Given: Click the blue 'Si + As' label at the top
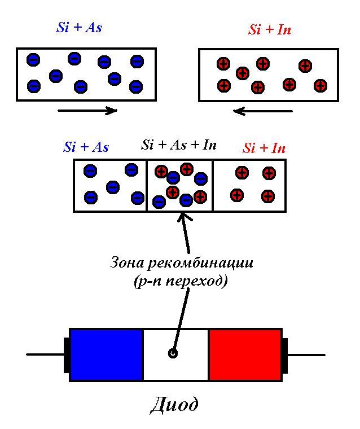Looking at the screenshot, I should tap(79, 28).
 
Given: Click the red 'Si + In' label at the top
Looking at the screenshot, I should tap(270, 30).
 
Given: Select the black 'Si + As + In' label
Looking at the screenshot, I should tap(179, 145).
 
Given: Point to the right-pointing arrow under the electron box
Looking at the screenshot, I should tap(87, 111).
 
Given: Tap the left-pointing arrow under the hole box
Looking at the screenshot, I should tap(263, 111).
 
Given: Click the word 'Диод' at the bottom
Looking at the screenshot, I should tap(174, 405).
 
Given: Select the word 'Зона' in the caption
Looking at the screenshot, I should tap(124, 263).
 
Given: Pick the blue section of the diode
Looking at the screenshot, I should tap(106, 354).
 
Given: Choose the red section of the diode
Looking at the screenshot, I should tap(245, 354).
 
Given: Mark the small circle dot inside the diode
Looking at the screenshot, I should tap(173, 354).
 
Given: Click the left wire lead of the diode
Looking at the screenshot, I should tap(45, 354).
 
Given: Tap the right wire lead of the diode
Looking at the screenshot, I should tap(306, 354).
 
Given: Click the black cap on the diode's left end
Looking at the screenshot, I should tap(67, 354).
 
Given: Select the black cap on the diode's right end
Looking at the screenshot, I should tap(284, 354).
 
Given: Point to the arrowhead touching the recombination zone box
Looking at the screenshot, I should tap(185, 217).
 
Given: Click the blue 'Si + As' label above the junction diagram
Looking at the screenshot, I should tap(86, 147).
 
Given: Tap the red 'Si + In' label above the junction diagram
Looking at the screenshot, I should tap(264, 148).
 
